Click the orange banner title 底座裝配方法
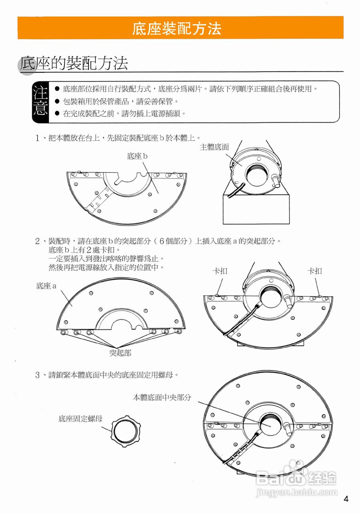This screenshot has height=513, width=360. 177,28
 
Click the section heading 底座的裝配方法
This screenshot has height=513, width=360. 74,63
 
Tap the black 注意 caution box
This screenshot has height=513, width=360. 40,102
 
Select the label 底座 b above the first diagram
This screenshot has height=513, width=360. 137,156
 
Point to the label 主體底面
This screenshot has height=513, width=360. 214,147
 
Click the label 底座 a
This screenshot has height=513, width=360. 46,286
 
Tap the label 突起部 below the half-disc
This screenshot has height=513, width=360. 120,353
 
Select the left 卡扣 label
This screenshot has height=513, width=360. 220,271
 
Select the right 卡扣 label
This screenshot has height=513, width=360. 315,271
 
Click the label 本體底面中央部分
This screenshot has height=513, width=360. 162,398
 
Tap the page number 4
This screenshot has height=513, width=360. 346,499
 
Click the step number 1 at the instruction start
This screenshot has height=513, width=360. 37,138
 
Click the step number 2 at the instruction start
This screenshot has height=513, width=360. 37,241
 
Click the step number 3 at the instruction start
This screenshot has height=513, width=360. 37,375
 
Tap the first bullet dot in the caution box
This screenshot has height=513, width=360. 57,89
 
